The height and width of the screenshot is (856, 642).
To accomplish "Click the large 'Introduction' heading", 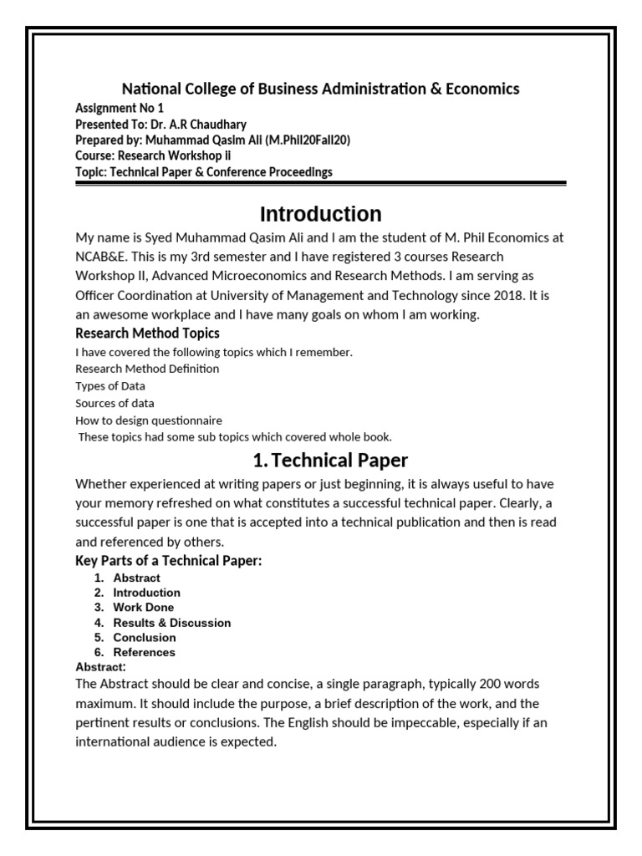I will (320, 213).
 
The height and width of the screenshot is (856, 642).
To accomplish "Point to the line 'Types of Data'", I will (110, 385).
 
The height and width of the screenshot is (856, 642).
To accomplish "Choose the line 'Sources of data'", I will (116, 403).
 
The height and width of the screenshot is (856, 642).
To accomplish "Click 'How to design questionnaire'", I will (149, 420).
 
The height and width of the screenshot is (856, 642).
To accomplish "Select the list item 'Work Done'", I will (144, 608).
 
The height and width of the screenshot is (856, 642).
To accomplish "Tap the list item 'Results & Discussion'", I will (172, 623).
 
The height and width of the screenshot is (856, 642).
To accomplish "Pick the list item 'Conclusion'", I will (145, 637).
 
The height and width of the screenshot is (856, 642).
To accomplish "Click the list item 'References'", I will (145, 652).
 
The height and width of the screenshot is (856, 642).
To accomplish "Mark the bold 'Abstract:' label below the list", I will (100, 666).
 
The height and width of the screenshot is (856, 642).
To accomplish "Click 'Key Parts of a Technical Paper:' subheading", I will (169, 561).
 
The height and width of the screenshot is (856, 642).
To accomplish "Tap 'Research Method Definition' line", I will (147, 369).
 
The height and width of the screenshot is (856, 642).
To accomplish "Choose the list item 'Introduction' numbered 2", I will (147, 593).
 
